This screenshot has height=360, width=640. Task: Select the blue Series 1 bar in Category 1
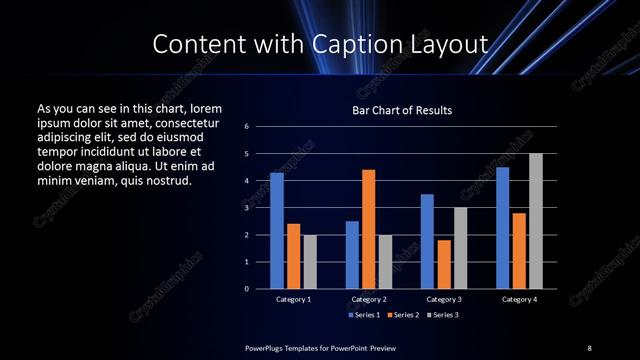coord(276,231)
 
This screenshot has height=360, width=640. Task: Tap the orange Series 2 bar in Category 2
coord(369,229)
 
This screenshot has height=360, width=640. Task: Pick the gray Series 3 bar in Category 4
coord(536,221)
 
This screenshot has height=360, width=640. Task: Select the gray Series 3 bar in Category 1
coord(309,262)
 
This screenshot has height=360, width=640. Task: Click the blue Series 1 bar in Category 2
coord(352,255)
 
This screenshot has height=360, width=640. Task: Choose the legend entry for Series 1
coord(362,315)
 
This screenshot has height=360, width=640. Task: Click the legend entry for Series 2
coord(402,315)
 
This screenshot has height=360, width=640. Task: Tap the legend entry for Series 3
coord(441,315)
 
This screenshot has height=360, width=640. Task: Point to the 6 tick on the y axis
coord(246,127)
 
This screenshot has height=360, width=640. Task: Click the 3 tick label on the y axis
coord(246,208)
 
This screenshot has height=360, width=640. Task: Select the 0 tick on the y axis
coord(246,289)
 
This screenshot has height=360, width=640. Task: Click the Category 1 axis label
coord(293,299)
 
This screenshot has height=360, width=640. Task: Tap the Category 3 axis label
coord(444,299)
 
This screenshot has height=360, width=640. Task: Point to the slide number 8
coord(589,347)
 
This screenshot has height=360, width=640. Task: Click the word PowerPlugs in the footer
coord(268,347)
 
